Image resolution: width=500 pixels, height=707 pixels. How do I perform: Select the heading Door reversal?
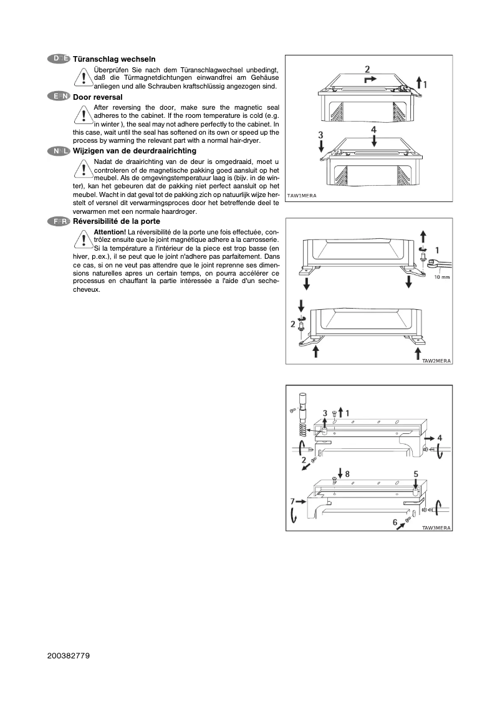tap(98, 97)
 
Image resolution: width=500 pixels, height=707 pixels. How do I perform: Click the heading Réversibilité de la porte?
tap(117, 221)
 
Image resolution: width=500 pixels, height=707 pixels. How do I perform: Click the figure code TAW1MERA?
tap(302, 196)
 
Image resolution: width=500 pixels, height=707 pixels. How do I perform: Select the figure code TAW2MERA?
tap(436, 360)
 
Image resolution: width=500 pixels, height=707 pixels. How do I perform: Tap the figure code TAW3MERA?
tap(436, 527)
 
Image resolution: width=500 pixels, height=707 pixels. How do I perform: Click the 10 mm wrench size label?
tap(441, 277)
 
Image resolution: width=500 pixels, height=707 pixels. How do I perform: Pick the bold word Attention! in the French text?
tap(110, 232)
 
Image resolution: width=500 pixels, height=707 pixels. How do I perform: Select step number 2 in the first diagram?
tap(367, 69)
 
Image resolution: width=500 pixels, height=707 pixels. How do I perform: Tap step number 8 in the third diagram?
tap(347, 474)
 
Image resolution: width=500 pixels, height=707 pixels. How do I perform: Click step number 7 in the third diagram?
tap(292, 501)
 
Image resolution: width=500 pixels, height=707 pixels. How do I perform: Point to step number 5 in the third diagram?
tap(416, 474)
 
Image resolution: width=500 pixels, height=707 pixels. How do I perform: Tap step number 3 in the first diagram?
tap(320, 135)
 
